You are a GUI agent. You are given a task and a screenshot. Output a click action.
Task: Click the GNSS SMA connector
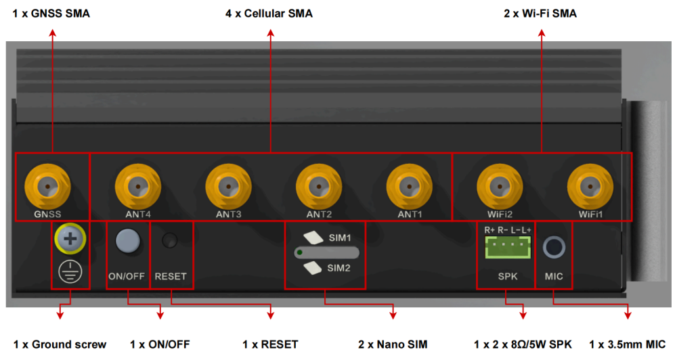[x=47, y=185]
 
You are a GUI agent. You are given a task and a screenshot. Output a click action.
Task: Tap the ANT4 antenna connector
[x=138, y=185]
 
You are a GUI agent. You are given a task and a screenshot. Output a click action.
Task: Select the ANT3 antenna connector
[x=228, y=185]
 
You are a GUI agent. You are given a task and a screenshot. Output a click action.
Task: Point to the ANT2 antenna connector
[x=319, y=185]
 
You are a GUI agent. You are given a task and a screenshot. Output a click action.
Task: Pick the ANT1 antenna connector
[x=410, y=185]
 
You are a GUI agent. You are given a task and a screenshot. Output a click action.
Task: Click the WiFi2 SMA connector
[x=500, y=185]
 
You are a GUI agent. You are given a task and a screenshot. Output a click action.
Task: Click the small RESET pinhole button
[x=170, y=240]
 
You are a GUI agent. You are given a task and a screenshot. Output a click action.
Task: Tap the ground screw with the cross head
[x=70, y=238]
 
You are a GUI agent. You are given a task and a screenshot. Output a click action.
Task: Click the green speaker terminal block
[x=507, y=248]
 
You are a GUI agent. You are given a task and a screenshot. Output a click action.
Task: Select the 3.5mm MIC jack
[x=554, y=247]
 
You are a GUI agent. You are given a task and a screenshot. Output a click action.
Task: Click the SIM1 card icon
[x=313, y=238]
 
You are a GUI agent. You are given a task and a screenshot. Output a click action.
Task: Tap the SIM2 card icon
[x=313, y=268]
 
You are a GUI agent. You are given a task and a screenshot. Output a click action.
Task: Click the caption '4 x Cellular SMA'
[x=269, y=14]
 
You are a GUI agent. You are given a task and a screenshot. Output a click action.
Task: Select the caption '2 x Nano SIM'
[x=393, y=344]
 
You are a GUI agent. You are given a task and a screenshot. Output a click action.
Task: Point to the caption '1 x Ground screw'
[x=60, y=344]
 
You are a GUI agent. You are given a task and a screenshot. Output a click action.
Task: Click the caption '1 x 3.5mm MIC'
[x=628, y=344]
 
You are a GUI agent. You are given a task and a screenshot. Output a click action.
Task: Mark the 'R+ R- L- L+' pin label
[x=508, y=230]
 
